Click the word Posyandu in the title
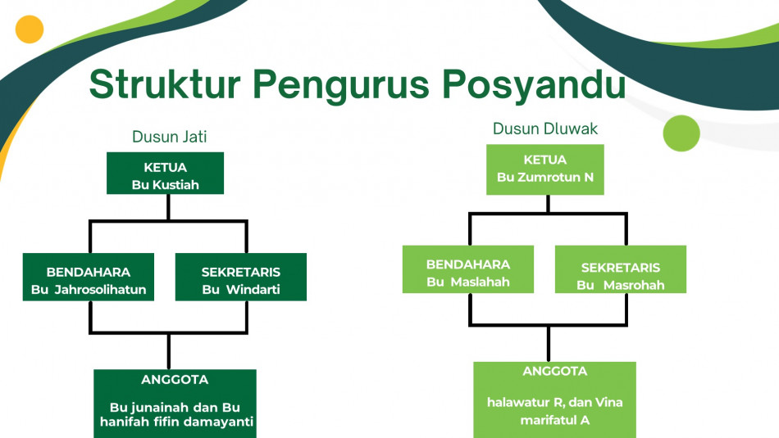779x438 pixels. (534, 85)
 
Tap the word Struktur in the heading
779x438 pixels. (165, 84)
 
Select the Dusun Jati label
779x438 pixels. (170, 137)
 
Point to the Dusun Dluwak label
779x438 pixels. (545, 129)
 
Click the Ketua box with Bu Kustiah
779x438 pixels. (165, 173)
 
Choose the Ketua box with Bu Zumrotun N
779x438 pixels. (545, 169)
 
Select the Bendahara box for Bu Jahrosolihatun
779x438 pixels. (89, 277)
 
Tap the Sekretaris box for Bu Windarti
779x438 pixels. (241, 277)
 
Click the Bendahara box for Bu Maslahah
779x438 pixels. (468, 269)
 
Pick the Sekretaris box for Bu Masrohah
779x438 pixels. (621, 269)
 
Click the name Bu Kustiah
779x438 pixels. (166, 185)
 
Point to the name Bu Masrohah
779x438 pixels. (621, 285)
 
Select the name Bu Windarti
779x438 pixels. (241, 289)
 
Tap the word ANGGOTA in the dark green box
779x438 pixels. (175, 380)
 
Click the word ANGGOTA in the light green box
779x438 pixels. (555, 371)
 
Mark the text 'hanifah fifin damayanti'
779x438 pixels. (177, 422)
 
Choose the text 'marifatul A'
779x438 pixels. (555, 420)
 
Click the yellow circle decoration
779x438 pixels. (30, 29)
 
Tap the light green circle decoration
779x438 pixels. (681, 133)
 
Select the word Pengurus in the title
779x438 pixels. (341, 85)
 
